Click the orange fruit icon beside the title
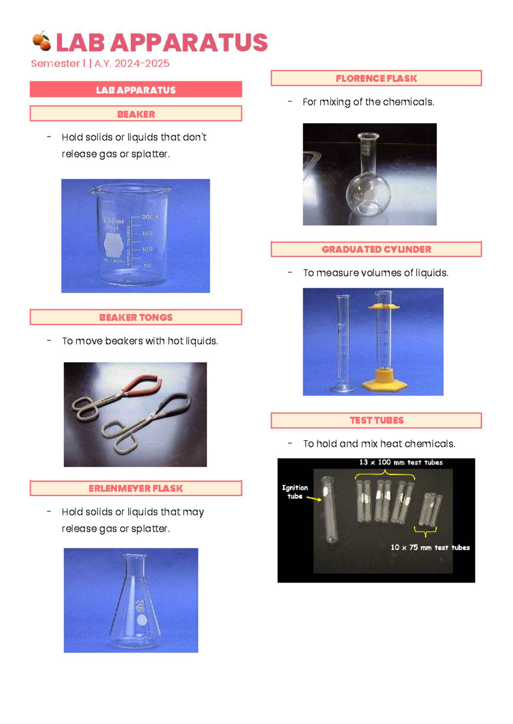pos(41,41)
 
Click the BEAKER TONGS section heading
pos(136,318)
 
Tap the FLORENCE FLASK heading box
pos(376,79)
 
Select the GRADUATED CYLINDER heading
pos(376,250)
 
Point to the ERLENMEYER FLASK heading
pos(136,489)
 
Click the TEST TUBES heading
pos(376,421)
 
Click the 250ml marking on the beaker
pos(113,221)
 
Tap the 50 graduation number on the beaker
pos(147,266)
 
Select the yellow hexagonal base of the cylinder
pos(383,382)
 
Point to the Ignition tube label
pos(295,492)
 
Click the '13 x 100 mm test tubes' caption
pos(401,462)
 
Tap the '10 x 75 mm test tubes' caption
pos(430,547)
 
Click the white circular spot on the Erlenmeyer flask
pos(142,619)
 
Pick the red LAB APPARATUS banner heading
pos(136,90)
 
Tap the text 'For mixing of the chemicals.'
pos(368,102)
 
